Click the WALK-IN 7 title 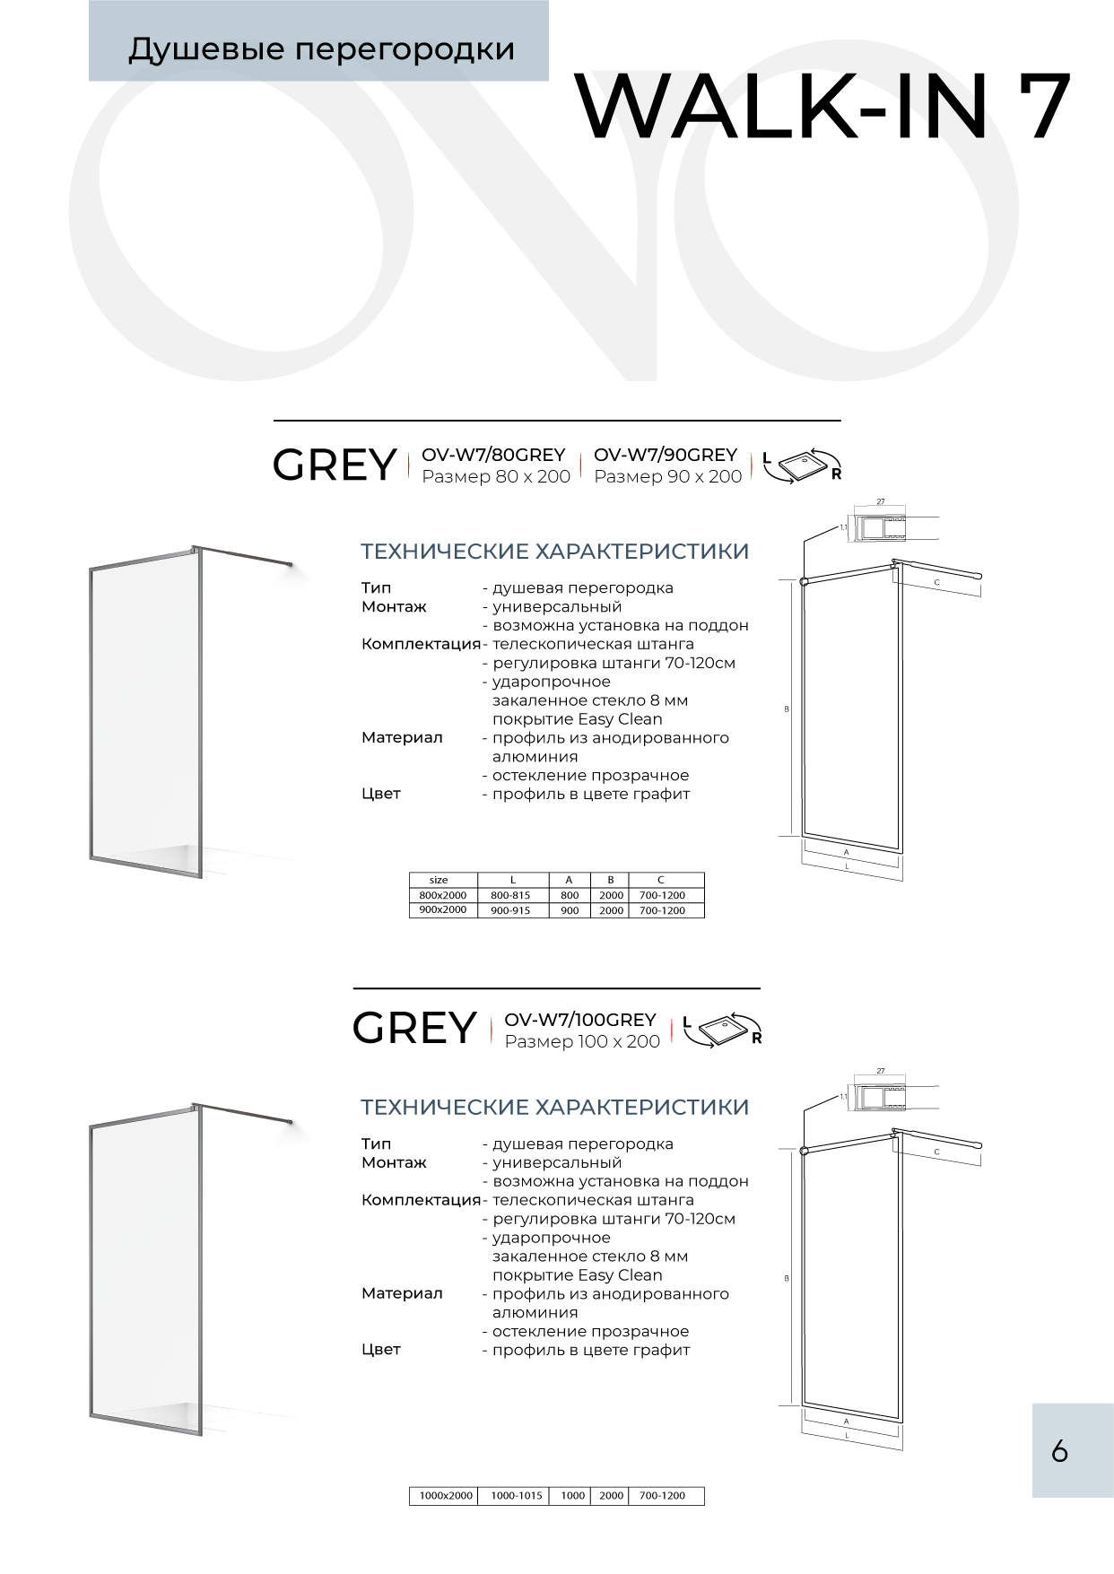point(823,107)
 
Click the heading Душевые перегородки point(321,49)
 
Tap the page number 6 point(1060,1450)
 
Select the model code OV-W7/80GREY point(493,455)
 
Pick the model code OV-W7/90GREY point(666,455)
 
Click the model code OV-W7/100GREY point(580,1020)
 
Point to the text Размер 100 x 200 point(582,1041)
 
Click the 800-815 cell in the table point(510,895)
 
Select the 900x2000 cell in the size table point(443,909)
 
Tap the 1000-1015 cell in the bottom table point(517,1495)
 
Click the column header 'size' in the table point(439,880)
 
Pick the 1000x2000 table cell point(446,1495)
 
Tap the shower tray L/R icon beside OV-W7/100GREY point(723,1030)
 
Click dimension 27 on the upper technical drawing point(881,502)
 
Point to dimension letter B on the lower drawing point(787,1278)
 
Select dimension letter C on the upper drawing point(937,583)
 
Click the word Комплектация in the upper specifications point(421,644)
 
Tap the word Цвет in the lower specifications point(381,1349)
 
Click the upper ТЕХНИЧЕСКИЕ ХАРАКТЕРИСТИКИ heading point(554,551)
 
